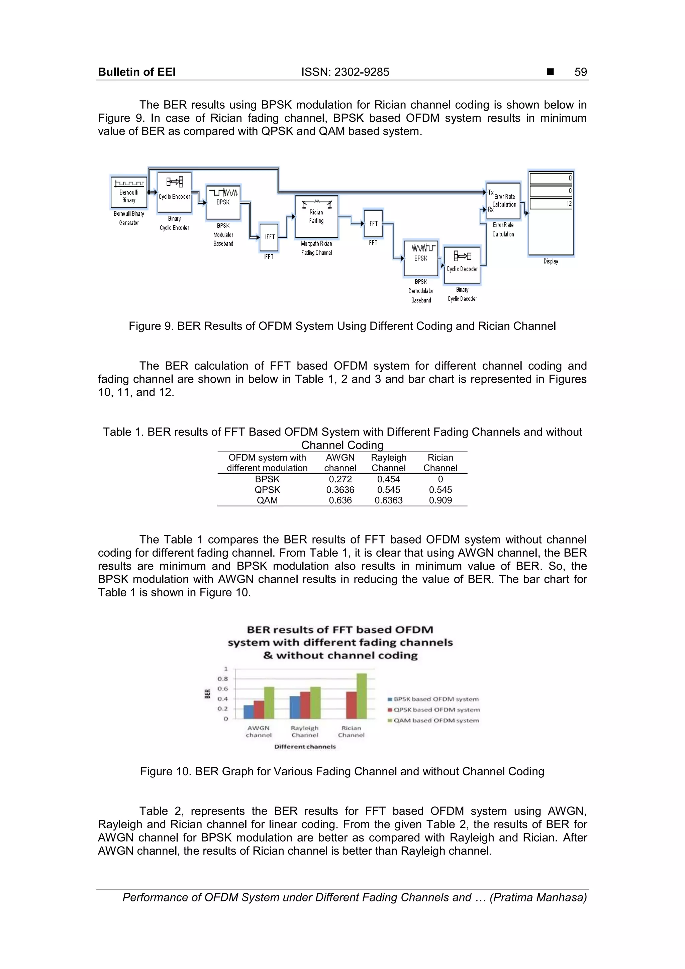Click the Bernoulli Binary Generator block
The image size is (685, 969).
(129, 192)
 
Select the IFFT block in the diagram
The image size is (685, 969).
(269, 237)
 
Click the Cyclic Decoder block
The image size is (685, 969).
(462, 265)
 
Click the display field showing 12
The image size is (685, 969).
(551, 204)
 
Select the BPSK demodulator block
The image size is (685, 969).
(421, 258)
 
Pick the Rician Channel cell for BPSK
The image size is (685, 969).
(440, 479)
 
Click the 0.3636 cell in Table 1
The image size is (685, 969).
(340, 490)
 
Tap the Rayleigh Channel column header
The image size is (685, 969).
(388, 463)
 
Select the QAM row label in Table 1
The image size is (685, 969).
(267, 500)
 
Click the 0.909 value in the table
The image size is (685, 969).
(440, 500)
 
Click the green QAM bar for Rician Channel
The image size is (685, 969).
(362, 696)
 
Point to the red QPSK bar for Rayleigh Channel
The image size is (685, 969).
(305, 705)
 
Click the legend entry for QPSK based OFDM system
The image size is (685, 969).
(436, 710)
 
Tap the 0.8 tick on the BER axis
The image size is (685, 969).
(223, 679)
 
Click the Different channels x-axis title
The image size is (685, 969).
(305, 746)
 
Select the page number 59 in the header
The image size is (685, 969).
(580, 72)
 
